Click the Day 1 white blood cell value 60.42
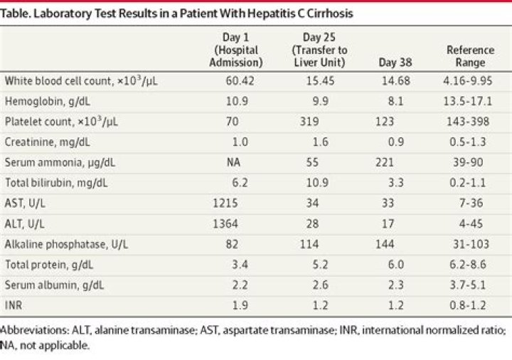[x=240, y=80]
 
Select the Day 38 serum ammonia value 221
[x=385, y=162]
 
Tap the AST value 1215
[x=225, y=203]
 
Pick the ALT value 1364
[x=225, y=224]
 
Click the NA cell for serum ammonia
[x=233, y=162]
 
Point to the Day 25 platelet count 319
[x=309, y=122]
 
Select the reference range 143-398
[x=468, y=122]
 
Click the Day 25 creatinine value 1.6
[x=320, y=142]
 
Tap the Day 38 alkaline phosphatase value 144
[x=385, y=244]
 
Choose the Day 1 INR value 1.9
[x=240, y=305]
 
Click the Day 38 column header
[x=395, y=63]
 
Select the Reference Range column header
[x=470, y=56]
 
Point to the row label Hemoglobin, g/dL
[x=48, y=102]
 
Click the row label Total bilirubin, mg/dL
[x=56, y=183]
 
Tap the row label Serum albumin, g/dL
[x=54, y=285]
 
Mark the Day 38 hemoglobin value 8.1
[x=396, y=101]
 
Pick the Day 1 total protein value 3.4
[x=240, y=265]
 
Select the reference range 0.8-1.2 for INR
[x=468, y=305]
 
